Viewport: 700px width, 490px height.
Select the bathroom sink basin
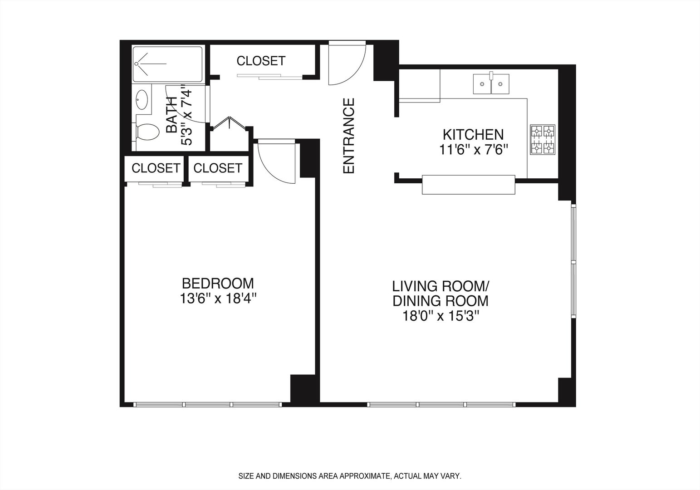[x=142, y=99]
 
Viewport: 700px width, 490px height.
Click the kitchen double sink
[x=491, y=84]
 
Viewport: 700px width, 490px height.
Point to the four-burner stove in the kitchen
[x=543, y=139]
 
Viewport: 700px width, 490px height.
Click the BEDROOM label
[x=218, y=284]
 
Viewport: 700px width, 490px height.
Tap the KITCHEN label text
[x=473, y=135]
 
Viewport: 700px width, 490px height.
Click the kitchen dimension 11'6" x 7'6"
[x=473, y=149]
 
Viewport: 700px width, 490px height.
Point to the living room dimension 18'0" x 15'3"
[x=440, y=316]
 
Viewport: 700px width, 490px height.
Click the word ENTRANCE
[x=348, y=136]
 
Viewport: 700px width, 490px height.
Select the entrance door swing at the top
[x=348, y=64]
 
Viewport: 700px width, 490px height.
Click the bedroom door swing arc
[x=277, y=163]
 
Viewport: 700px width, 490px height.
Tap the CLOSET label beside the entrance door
[x=261, y=61]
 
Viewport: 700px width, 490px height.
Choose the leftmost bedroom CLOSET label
[x=156, y=168]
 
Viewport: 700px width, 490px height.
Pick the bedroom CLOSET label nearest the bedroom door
[x=218, y=168]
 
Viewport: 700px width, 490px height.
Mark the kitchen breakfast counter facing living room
[x=469, y=185]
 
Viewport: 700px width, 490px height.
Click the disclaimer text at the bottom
[x=350, y=476]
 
